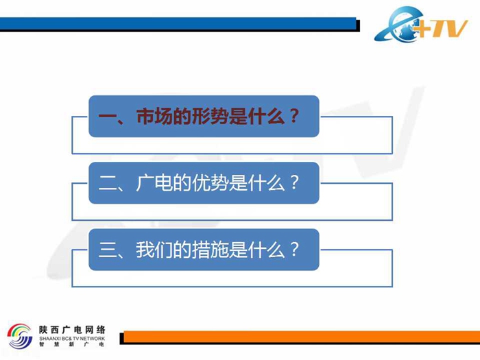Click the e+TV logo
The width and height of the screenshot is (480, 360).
(x=421, y=25)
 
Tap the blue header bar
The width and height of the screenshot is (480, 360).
(x=178, y=24)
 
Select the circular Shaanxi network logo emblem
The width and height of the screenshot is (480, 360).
(x=20, y=336)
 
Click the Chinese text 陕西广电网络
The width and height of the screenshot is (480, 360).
(x=72, y=330)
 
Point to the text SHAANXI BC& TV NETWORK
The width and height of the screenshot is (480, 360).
(x=72, y=339)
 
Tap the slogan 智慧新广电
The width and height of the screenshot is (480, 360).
(x=72, y=344)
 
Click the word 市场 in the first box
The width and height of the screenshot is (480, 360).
(x=154, y=117)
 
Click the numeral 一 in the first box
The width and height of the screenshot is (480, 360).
(x=108, y=117)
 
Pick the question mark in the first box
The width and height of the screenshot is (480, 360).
(x=293, y=116)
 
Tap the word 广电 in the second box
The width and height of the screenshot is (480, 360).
(x=154, y=183)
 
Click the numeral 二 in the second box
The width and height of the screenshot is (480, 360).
(x=108, y=183)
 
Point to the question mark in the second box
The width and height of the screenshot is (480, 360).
(x=293, y=182)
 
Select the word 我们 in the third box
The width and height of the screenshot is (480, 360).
(x=154, y=250)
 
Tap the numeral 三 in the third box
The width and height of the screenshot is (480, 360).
(x=108, y=250)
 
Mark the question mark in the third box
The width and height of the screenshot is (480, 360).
(x=293, y=249)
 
